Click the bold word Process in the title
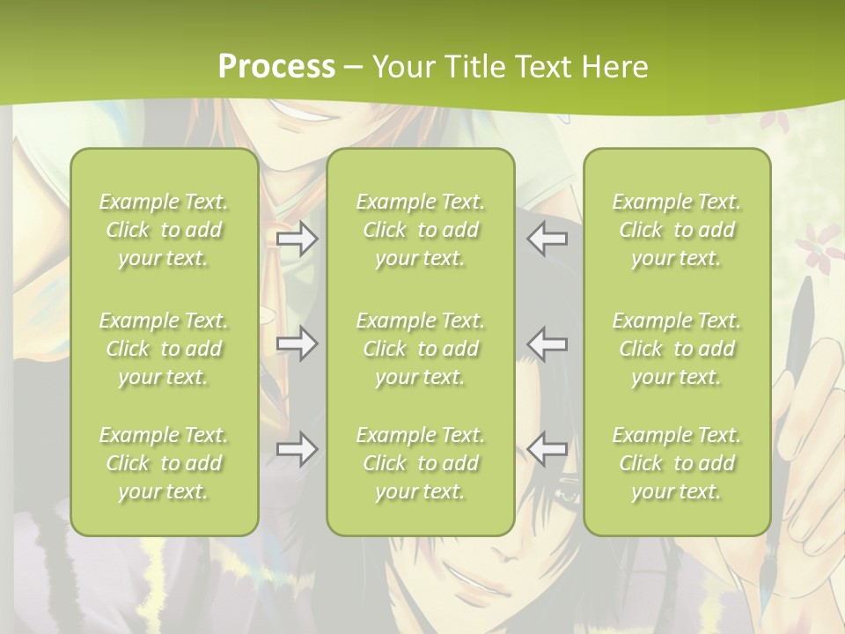[x=276, y=67]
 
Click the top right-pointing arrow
[x=298, y=240]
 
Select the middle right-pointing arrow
[x=298, y=343]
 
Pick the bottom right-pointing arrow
[x=298, y=449]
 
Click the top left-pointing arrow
[x=547, y=240]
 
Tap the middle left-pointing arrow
[x=547, y=343]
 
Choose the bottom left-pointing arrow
[x=547, y=449]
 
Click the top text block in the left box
[x=164, y=230]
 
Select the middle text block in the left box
[x=164, y=349]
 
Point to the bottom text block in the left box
[x=164, y=463]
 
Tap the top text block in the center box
[x=421, y=230]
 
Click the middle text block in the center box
[x=421, y=349]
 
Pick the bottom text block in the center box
[x=421, y=463]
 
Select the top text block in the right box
[x=677, y=230]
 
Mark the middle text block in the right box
[x=677, y=349]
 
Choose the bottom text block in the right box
[x=677, y=463]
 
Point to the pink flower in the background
[x=820, y=242]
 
